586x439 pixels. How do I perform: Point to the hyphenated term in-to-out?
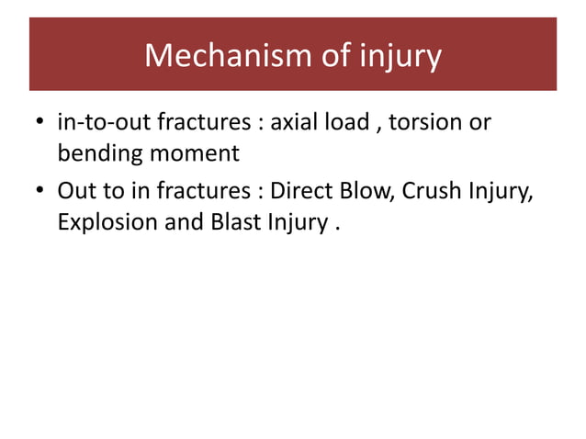(x=103, y=123)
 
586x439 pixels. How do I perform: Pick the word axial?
(x=291, y=123)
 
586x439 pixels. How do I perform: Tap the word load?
(x=346, y=123)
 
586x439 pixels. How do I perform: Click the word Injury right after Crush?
(x=503, y=192)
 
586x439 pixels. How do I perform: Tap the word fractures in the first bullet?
(x=199, y=123)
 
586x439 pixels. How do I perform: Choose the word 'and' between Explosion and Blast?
(x=183, y=221)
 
